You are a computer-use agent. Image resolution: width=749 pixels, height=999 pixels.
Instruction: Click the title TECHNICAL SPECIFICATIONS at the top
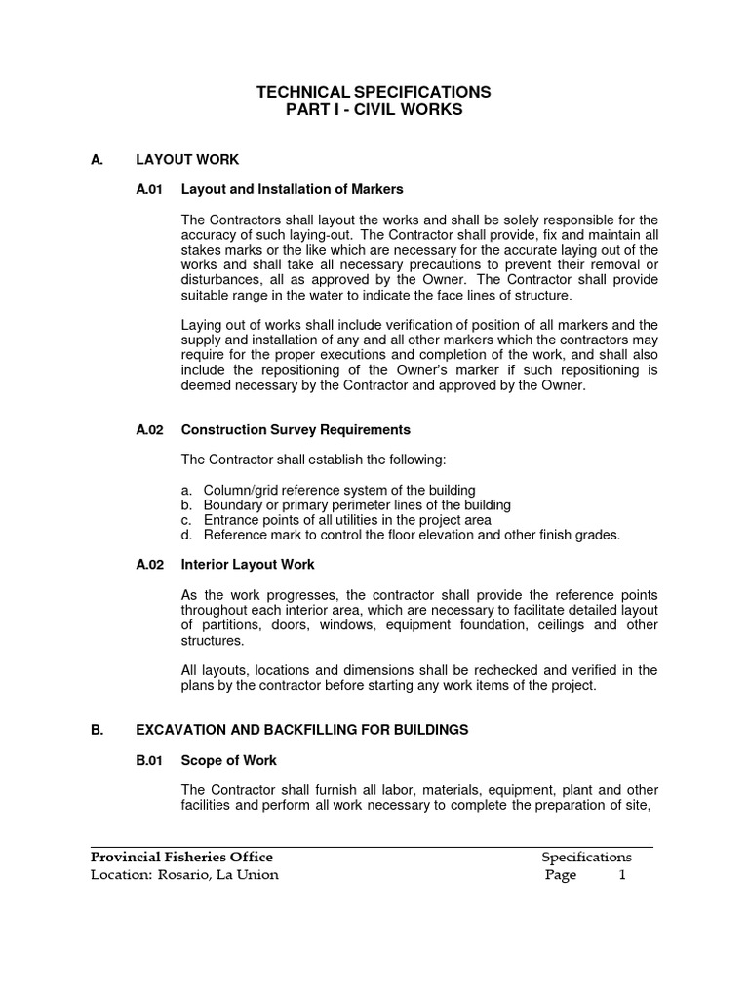(374, 92)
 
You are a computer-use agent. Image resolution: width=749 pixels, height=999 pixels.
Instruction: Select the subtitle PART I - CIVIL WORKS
(374, 110)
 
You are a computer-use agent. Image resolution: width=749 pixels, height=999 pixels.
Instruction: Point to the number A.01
(149, 189)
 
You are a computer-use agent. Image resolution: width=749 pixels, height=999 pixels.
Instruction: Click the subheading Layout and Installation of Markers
(292, 189)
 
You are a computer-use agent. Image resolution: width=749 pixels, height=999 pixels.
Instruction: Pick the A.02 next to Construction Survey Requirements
(149, 429)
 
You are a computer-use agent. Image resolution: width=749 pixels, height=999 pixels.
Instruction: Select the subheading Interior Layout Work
(248, 565)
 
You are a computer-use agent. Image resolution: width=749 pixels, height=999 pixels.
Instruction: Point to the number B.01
(149, 760)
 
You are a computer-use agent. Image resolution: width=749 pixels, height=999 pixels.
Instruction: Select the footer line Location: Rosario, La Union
(184, 875)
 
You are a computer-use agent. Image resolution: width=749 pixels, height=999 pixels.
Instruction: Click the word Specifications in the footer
(586, 858)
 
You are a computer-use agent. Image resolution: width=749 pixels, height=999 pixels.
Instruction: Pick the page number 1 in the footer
(622, 875)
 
